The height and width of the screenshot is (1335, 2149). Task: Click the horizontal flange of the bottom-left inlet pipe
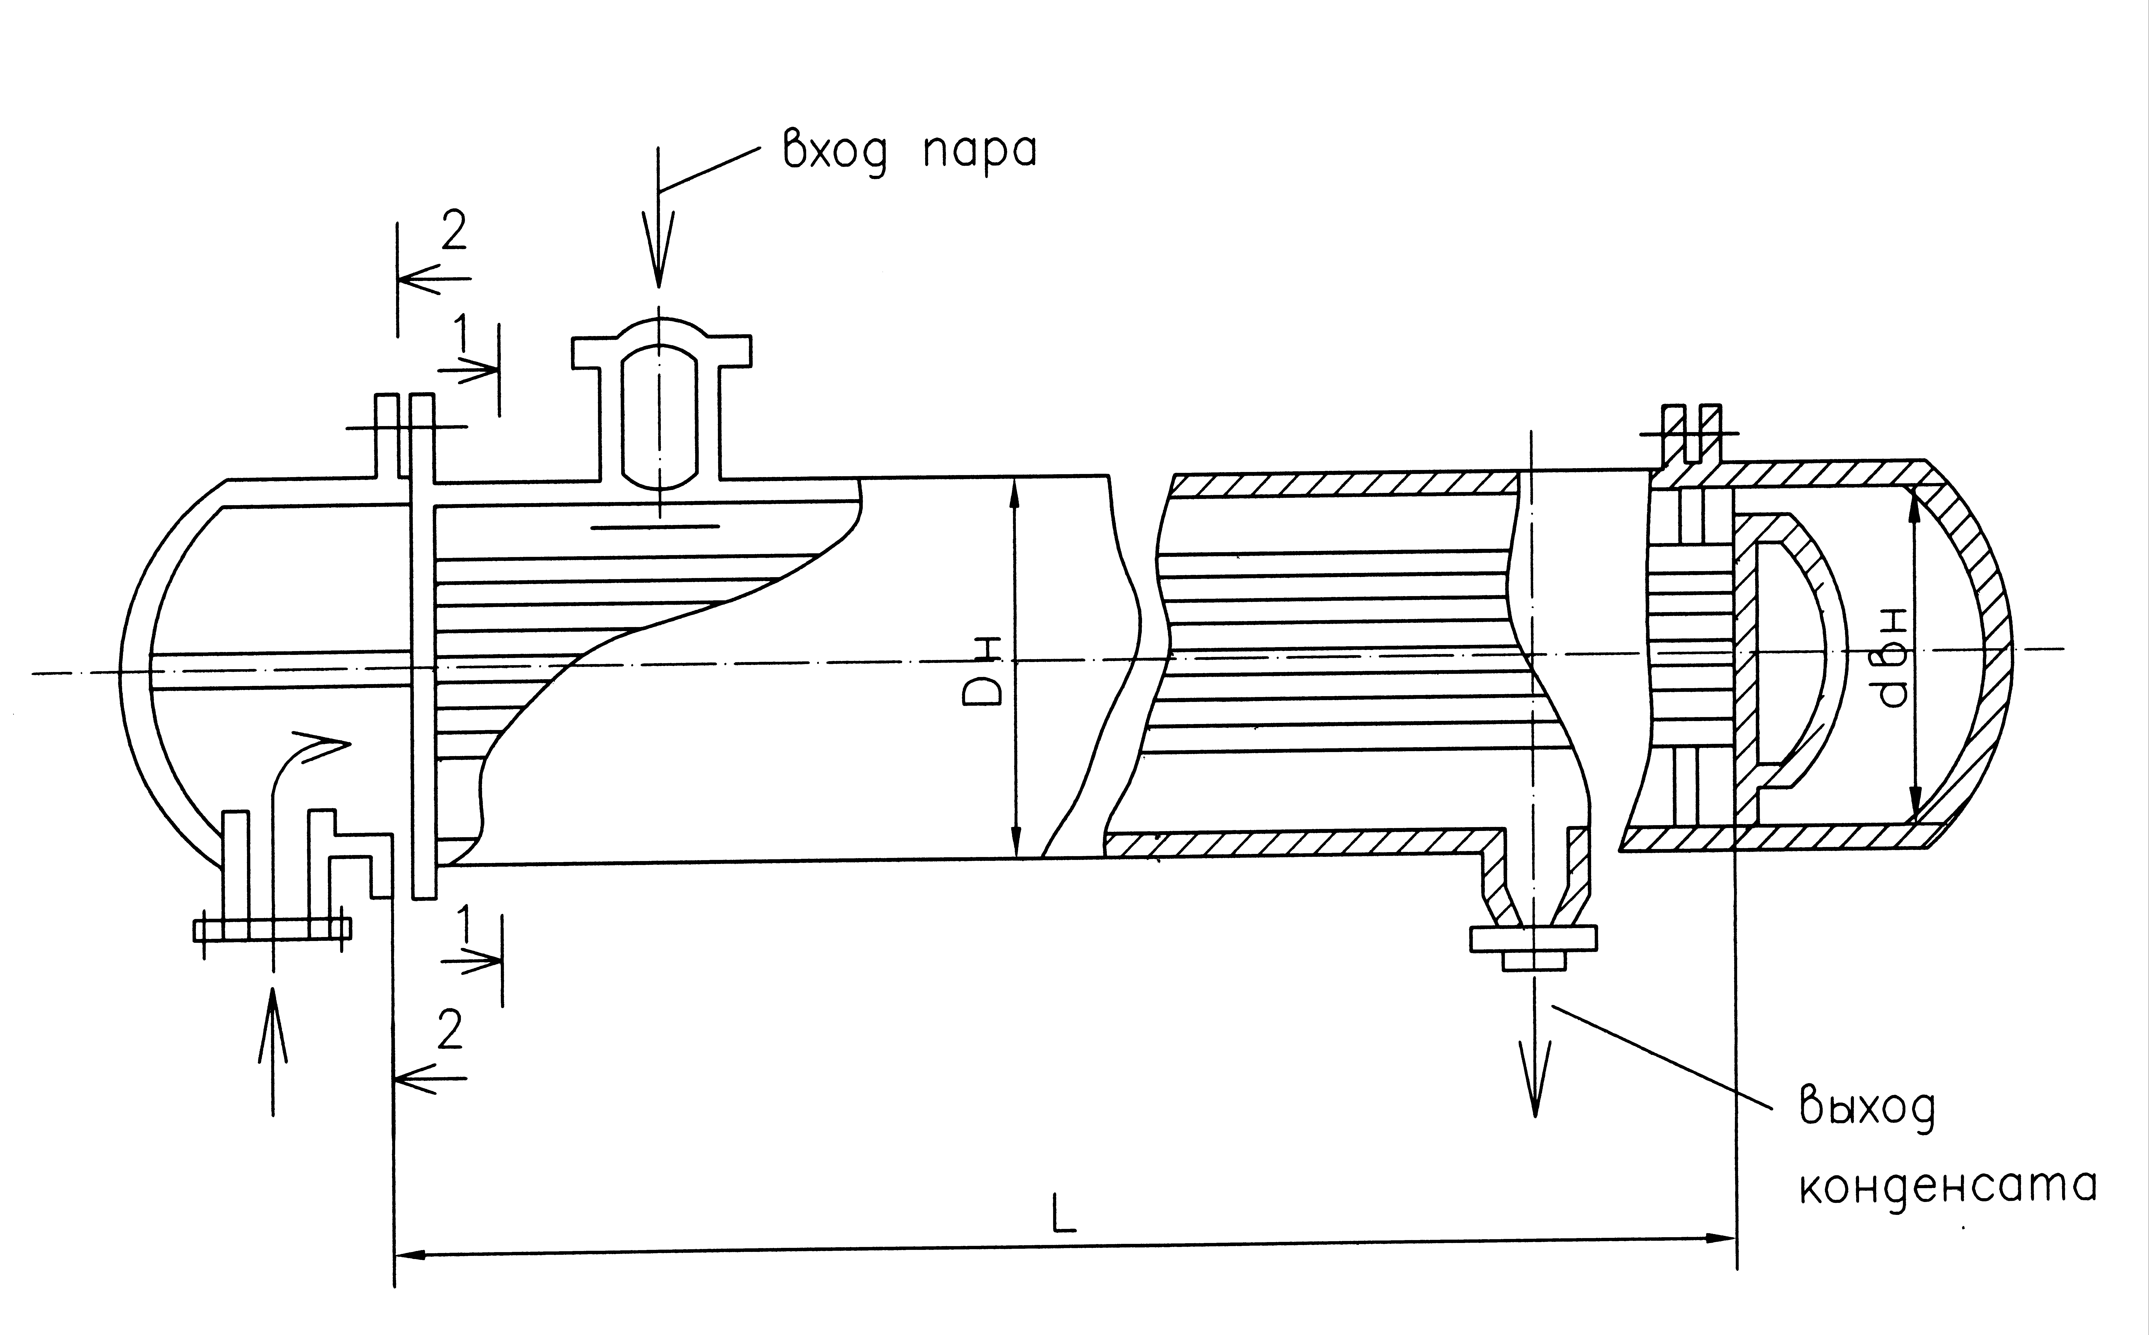pyautogui.click(x=272, y=929)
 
